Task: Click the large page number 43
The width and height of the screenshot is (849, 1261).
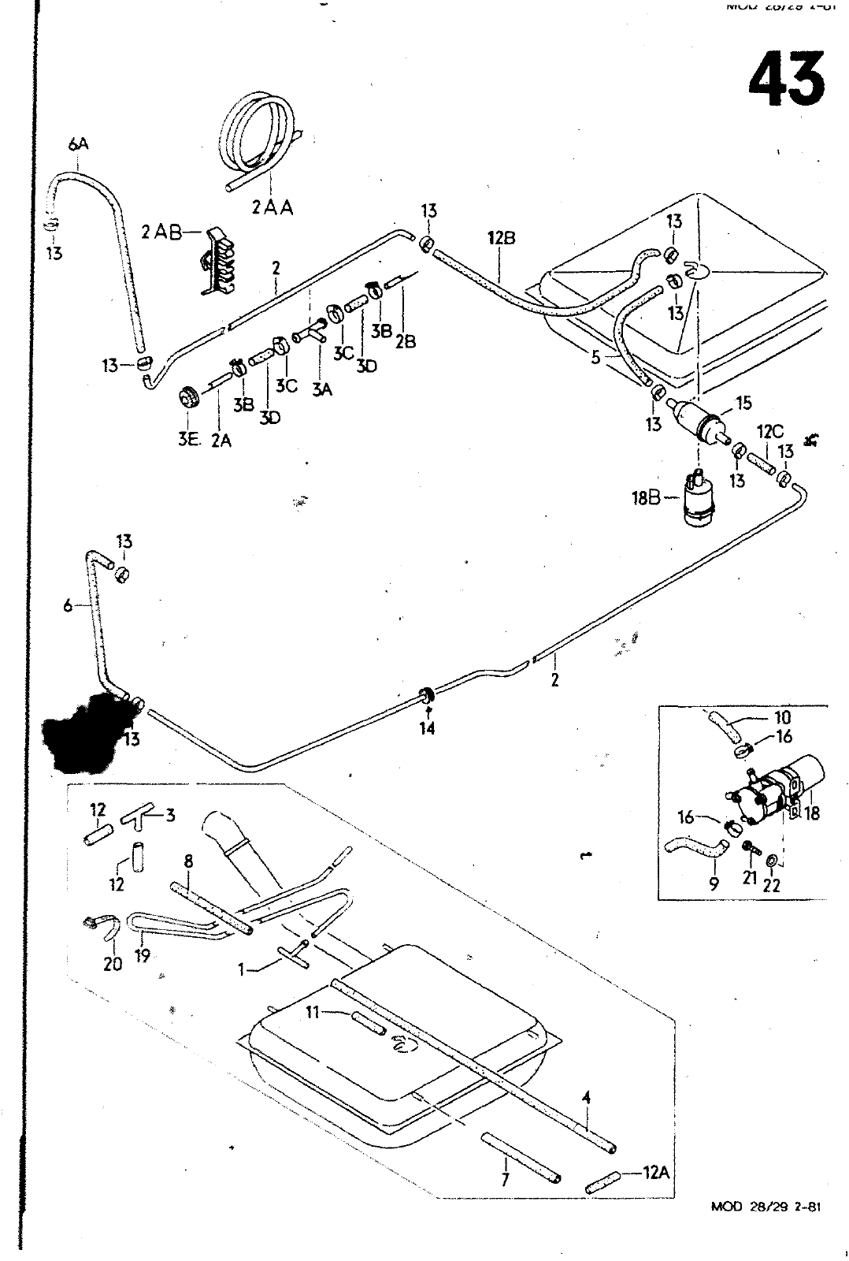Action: [x=786, y=80]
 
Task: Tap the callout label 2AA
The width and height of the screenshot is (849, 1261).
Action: [x=273, y=208]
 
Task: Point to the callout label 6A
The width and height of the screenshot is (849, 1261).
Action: [x=78, y=143]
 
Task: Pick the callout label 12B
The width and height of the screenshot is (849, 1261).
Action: [x=501, y=237]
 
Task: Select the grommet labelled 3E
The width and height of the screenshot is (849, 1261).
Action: [x=189, y=397]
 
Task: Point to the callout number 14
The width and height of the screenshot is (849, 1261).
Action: [x=427, y=729]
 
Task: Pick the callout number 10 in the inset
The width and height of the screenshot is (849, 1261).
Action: [x=782, y=718]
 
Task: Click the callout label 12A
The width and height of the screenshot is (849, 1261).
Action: [x=655, y=1173]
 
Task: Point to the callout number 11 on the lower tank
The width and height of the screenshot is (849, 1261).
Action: [x=312, y=1013]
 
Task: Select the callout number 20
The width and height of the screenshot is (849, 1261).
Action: [x=113, y=963]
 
